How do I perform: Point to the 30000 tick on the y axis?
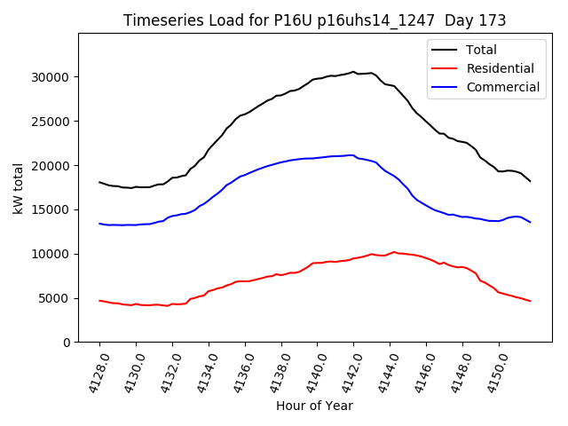50,77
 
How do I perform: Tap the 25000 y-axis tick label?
50,122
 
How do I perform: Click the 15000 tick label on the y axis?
50,209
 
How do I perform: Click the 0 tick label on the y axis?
66,343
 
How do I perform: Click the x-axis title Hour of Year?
314,406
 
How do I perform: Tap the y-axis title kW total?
18,187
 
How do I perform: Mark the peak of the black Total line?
352,72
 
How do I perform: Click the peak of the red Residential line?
394,252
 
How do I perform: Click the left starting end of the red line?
99,301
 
